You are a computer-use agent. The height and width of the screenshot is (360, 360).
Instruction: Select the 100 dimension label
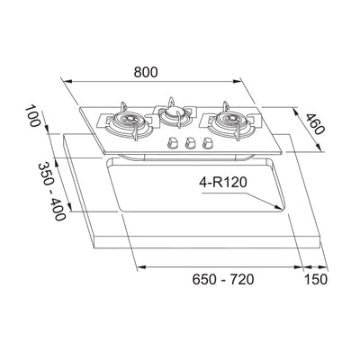point(33,117)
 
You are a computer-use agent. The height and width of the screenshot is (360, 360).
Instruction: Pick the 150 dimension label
point(314,280)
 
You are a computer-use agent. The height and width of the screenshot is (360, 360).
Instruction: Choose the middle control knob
point(189,142)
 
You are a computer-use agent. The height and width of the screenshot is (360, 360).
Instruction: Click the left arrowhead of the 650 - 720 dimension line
point(135,268)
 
